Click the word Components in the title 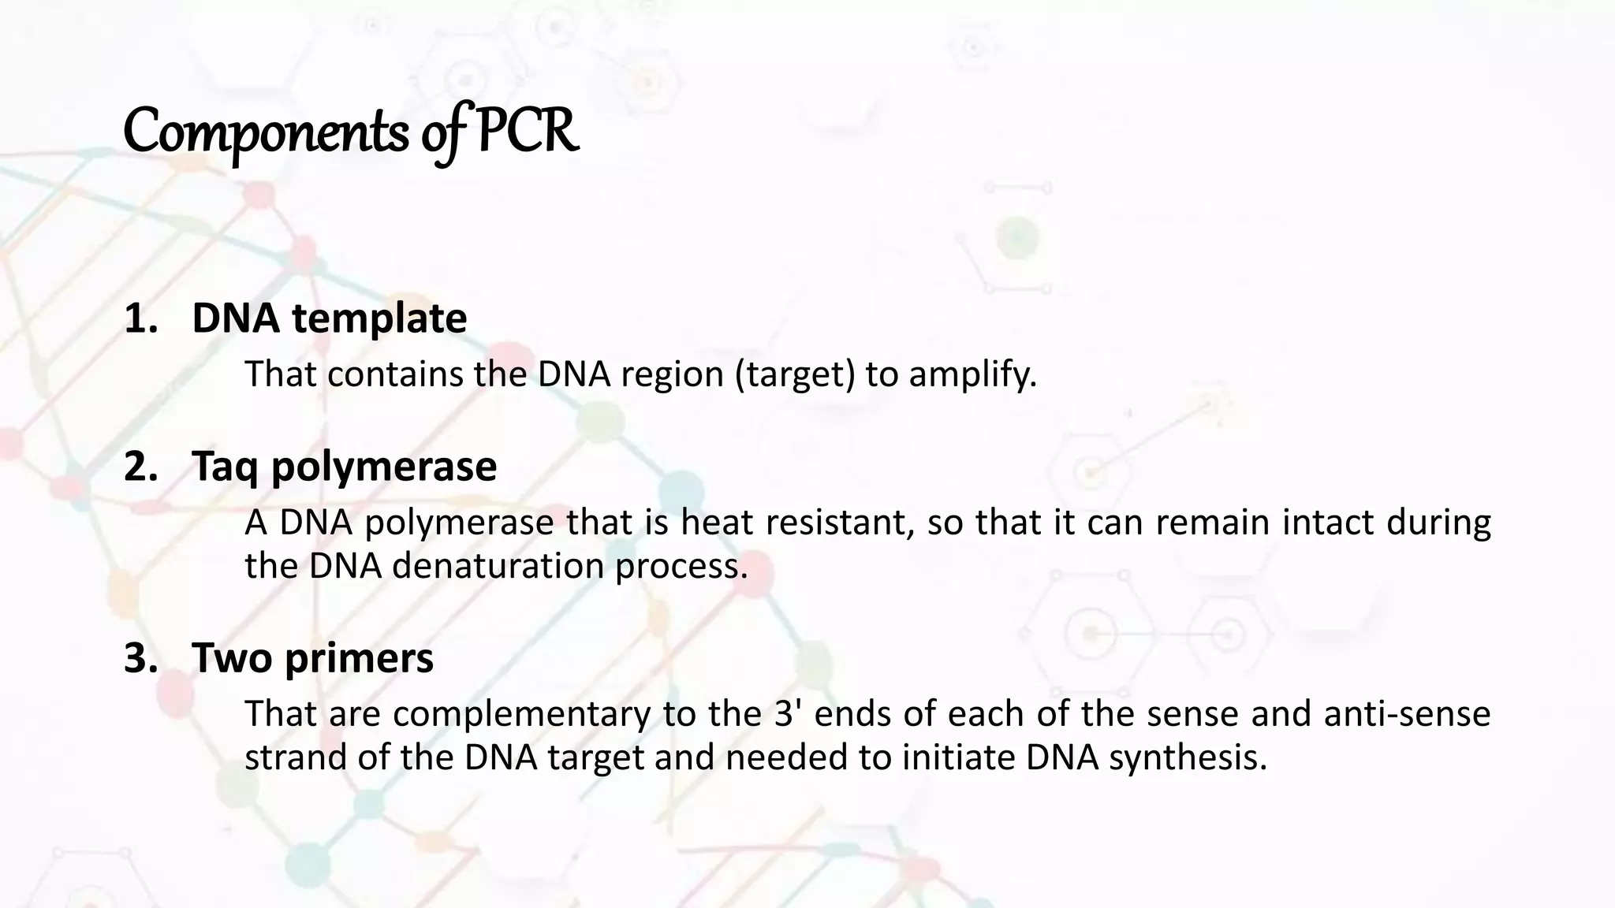point(266,132)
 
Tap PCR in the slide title point(528,131)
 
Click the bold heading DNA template point(329,318)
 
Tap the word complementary point(521,714)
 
